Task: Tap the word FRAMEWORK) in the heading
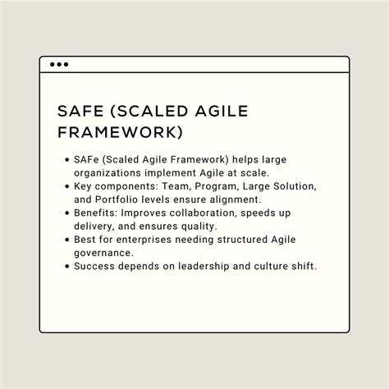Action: [x=121, y=132]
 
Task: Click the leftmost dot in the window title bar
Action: [x=53, y=64]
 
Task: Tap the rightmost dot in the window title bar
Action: [x=66, y=64]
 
